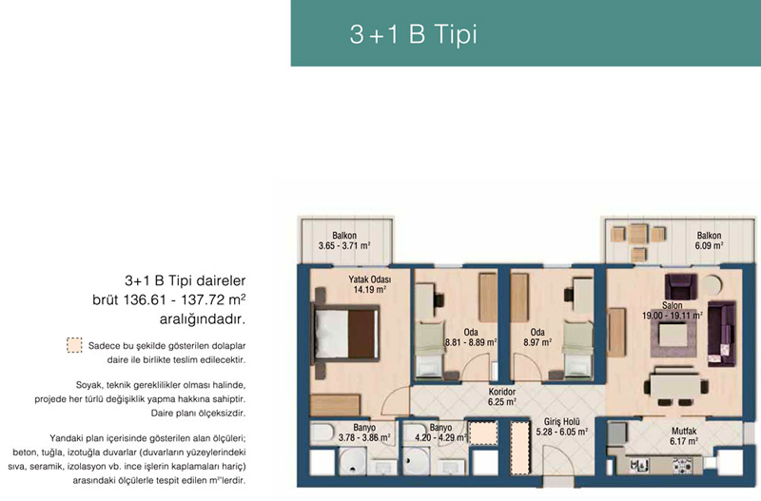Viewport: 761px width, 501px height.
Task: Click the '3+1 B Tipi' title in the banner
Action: [x=414, y=34]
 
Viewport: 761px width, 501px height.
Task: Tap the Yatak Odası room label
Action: [x=369, y=279]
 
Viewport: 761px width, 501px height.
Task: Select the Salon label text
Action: [x=673, y=305]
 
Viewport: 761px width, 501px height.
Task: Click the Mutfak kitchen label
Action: [x=684, y=431]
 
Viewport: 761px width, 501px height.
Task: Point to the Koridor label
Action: [x=502, y=392]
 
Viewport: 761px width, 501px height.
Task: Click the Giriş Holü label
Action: [x=561, y=422]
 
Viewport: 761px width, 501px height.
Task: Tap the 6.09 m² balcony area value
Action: [x=709, y=245]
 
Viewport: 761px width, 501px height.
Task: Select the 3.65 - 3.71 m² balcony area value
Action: [x=344, y=246]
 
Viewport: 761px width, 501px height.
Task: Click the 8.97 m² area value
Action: [x=537, y=342]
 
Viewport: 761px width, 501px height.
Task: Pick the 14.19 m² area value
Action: [x=369, y=290]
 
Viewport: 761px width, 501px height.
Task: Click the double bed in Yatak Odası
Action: [x=346, y=334]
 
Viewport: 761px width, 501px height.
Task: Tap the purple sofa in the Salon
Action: [x=722, y=334]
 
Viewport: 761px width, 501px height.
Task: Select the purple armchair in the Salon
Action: [x=680, y=287]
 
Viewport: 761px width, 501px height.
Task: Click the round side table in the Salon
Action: [x=712, y=285]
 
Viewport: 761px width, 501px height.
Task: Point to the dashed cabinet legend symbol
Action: [x=74, y=345]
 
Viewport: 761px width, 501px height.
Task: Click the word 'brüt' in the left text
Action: [x=105, y=300]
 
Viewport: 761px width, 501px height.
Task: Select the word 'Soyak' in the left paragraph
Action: [x=88, y=386]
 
